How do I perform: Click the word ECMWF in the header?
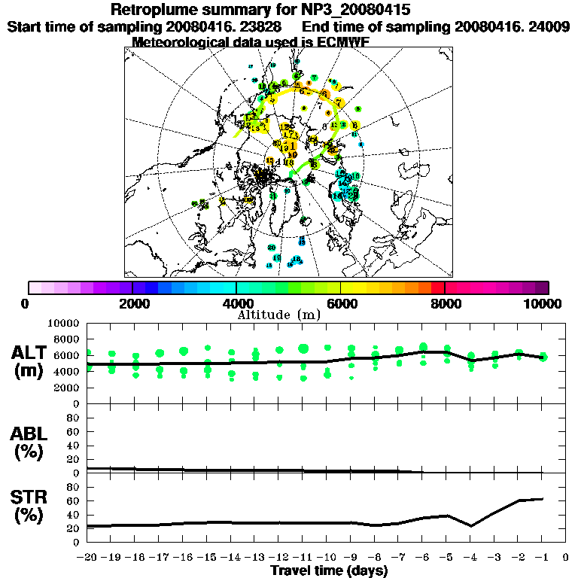[x=339, y=42]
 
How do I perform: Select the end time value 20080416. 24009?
[x=512, y=26]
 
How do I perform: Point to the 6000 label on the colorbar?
[x=342, y=303]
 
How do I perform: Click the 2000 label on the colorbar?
[x=133, y=303]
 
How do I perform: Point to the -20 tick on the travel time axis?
[x=87, y=557]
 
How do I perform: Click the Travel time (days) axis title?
[x=329, y=570]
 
